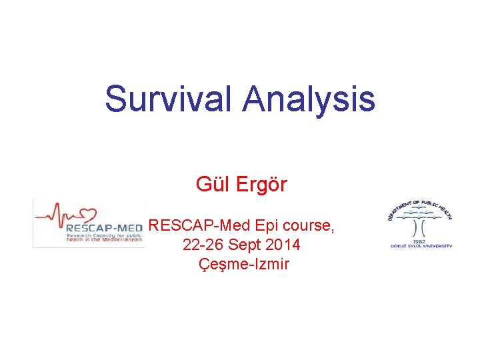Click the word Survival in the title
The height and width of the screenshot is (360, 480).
point(169,99)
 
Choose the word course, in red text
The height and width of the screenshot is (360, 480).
point(306,226)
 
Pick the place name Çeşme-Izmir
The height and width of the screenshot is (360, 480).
point(244,264)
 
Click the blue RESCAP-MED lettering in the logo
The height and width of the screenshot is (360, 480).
point(104,228)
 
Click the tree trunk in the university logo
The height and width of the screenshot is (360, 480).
point(421,230)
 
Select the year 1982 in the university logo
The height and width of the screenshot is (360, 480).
point(421,241)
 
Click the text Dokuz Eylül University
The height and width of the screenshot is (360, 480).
point(421,246)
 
